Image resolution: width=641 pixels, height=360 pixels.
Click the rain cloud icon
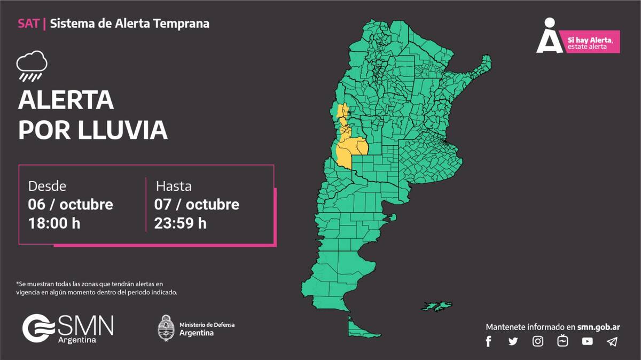pos(32,66)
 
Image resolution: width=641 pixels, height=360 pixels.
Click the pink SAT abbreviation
pos(28,24)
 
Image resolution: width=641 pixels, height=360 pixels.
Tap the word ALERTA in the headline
pos(66,100)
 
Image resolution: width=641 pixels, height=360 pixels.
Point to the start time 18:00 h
pos(54,223)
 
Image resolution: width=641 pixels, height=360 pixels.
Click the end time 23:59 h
pos(180,223)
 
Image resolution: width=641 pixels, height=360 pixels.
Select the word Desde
pos(47,186)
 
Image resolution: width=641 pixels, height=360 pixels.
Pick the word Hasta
pos(174,186)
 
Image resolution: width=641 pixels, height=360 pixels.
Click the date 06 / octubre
pos(71,205)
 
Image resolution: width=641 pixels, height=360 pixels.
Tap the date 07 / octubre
pos(197,205)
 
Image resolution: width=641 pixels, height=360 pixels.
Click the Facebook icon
pos(488,341)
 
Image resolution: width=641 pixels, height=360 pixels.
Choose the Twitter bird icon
pos(513,341)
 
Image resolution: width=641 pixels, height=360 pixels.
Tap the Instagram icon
pos(538,341)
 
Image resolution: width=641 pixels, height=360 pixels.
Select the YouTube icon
pos(587,341)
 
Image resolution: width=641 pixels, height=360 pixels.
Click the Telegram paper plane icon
pos(612,341)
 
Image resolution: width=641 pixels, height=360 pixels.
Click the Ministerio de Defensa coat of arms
pos(166,327)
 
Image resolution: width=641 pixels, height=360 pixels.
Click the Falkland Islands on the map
pos(437,306)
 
